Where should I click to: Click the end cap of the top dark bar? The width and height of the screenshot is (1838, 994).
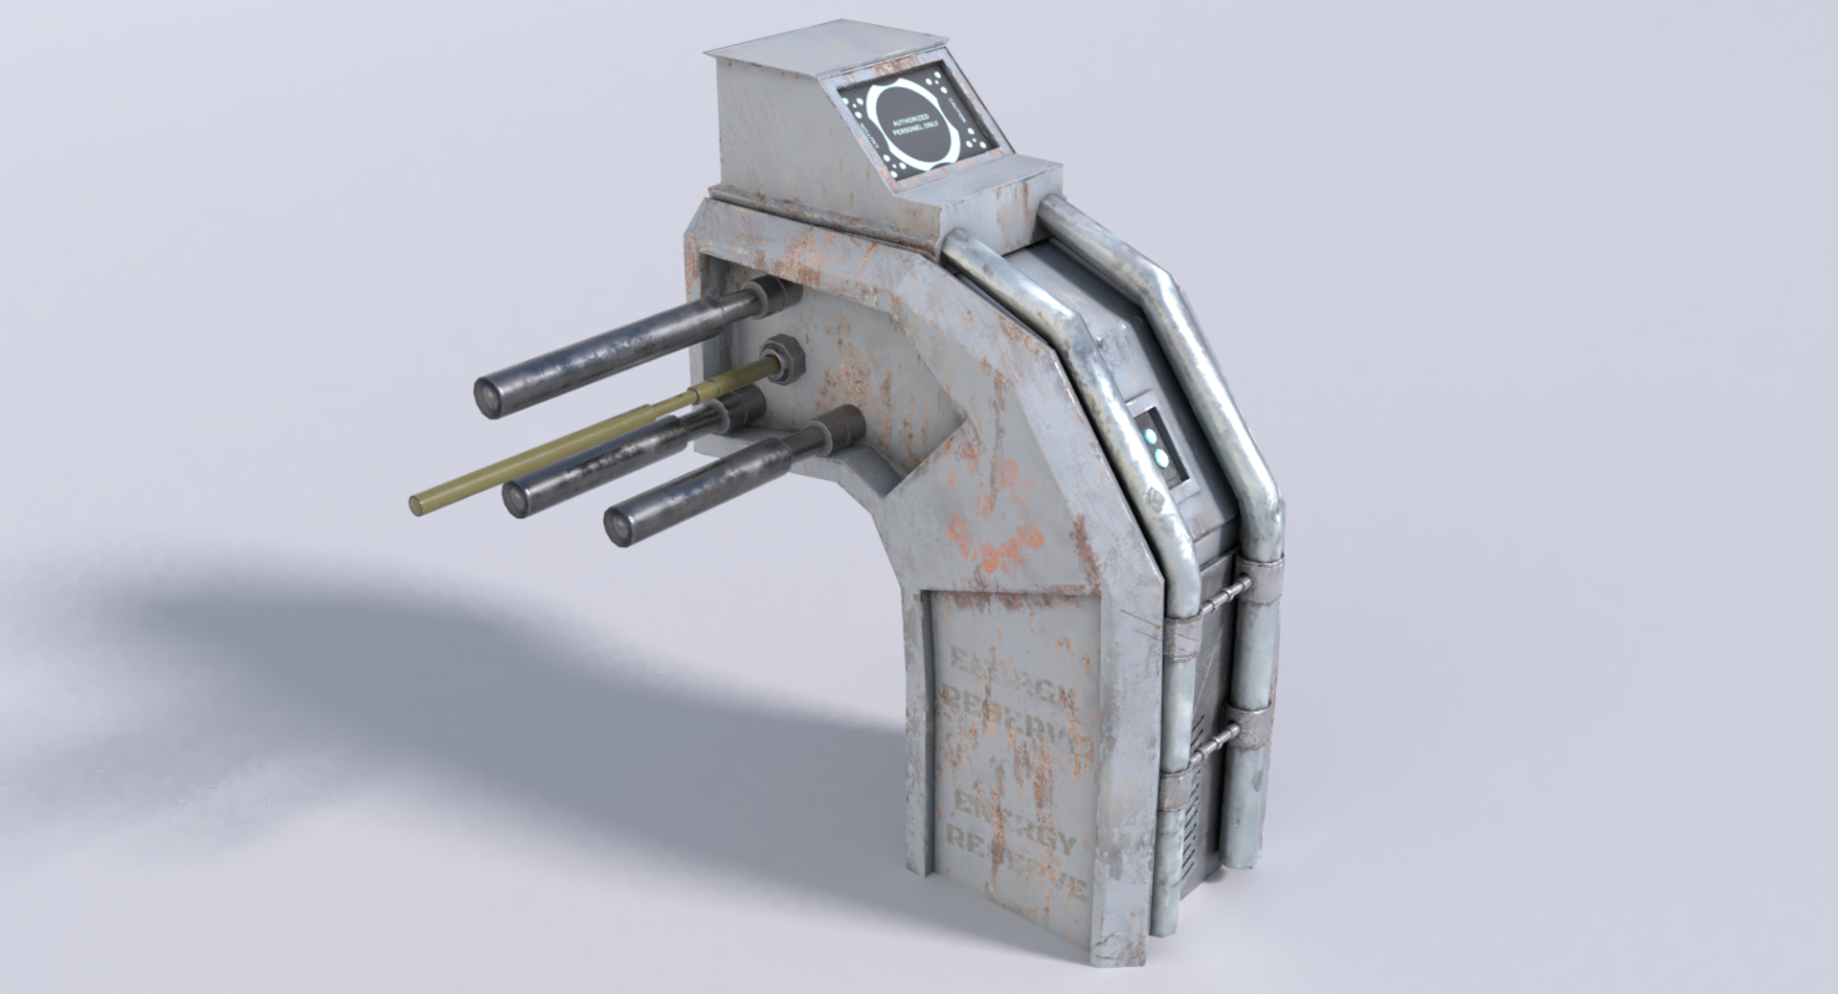click(x=492, y=394)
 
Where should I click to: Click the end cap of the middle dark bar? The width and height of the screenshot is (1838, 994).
click(x=518, y=496)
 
